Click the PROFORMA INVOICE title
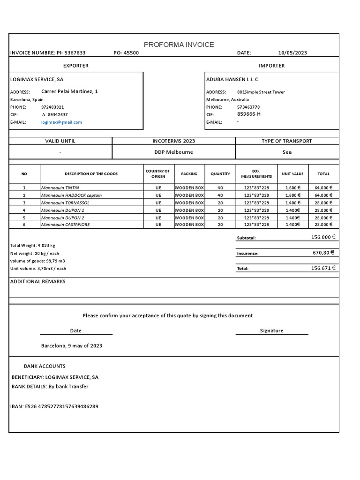(x=179, y=45)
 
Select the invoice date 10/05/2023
(x=292, y=53)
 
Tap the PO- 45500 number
(x=126, y=53)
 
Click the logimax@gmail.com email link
(x=61, y=122)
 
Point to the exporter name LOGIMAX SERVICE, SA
(x=37, y=79)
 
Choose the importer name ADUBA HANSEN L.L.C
(x=232, y=79)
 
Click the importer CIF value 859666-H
(x=249, y=114)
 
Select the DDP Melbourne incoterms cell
(x=173, y=152)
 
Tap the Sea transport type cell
(x=287, y=152)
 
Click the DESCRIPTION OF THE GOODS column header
(x=91, y=174)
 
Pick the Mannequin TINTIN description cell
(x=60, y=187)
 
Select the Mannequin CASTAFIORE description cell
(x=65, y=225)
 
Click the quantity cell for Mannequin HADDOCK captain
(x=220, y=195)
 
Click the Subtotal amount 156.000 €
(x=323, y=237)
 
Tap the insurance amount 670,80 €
(x=323, y=253)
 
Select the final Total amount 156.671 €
(x=323, y=268)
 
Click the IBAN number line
(x=54, y=406)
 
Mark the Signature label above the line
(x=271, y=330)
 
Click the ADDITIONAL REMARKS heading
(x=38, y=282)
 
